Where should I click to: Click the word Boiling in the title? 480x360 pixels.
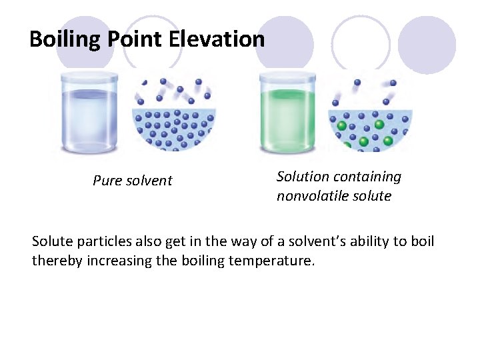63,39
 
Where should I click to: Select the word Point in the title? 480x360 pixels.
133,39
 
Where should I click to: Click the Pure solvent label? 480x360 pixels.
133,181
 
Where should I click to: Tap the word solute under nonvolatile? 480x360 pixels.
374,196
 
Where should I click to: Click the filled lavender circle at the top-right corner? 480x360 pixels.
427,45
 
